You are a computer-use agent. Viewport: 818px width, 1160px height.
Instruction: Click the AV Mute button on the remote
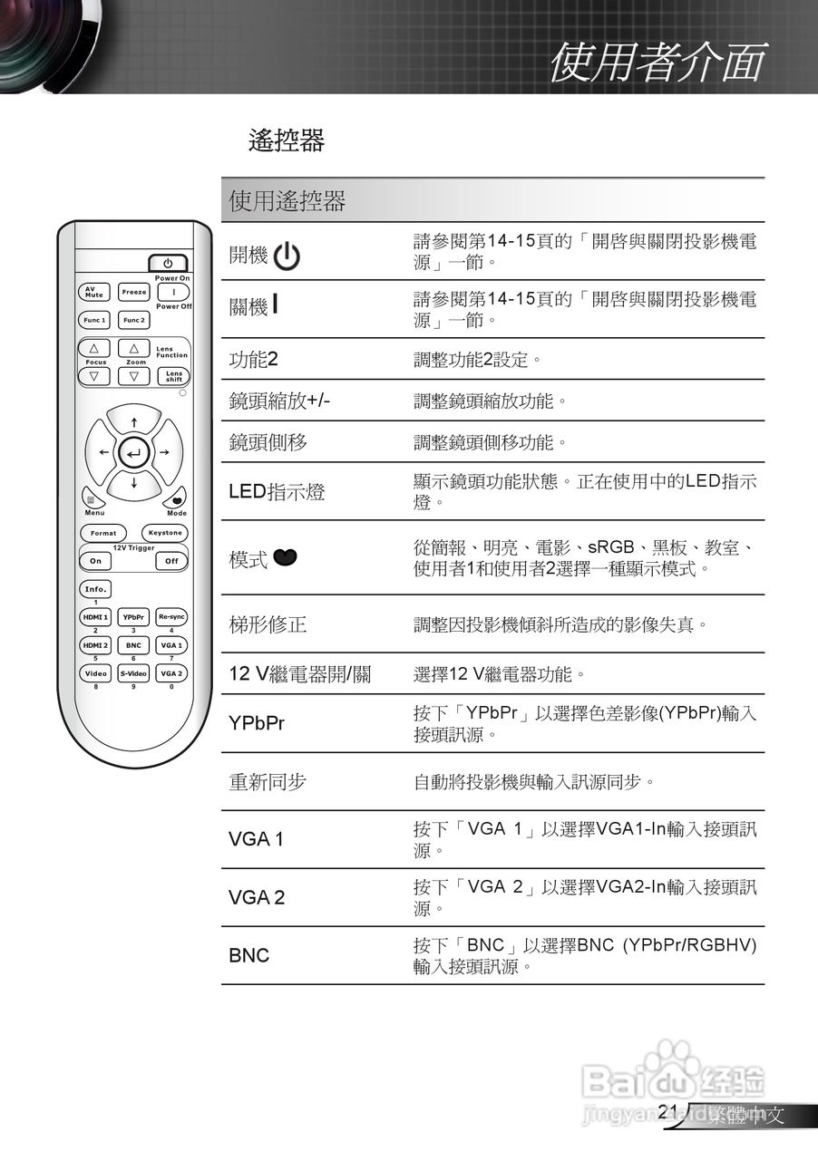[94, 293]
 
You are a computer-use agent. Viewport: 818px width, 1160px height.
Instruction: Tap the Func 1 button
[94, 320]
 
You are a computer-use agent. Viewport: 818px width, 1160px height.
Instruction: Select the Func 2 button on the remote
[134, 320]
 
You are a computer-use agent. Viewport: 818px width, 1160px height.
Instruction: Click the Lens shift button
[173, 375]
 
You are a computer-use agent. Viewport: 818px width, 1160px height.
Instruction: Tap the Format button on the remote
[103, 533]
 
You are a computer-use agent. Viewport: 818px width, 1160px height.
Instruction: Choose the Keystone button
[165, 533]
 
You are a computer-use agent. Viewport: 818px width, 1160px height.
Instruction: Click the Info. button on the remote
[95, 589]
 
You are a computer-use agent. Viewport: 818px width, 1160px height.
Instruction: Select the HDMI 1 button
[95, 617]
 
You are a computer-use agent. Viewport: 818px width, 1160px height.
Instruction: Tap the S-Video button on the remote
[133, 673]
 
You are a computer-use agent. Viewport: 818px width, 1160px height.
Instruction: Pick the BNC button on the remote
[133, 645]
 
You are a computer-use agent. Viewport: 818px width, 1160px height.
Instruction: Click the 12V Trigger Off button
[171, 561]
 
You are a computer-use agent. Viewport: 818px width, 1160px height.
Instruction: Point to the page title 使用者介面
[657, 62]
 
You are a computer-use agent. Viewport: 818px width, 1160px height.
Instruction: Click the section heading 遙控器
[287, 140]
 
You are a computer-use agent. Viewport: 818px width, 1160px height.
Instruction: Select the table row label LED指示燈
[277, 492]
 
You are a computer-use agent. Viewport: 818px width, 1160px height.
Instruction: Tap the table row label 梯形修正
[268, 624]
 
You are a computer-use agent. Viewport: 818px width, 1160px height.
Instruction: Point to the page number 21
[669, 1112]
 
